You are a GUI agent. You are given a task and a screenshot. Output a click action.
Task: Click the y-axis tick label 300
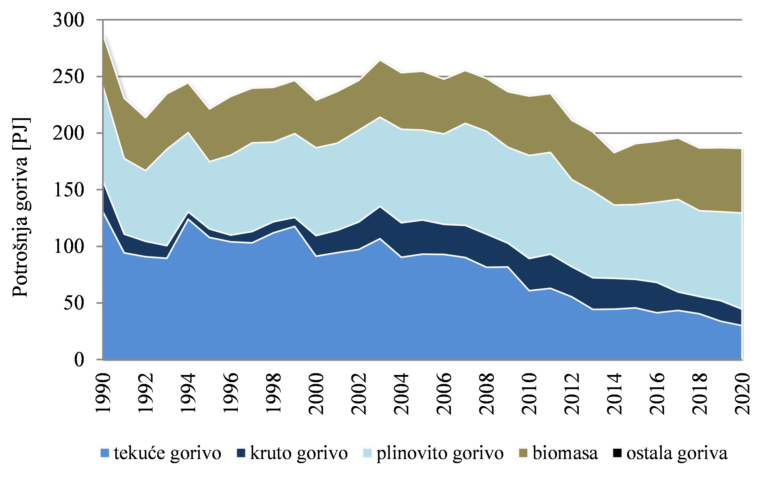pyautogui.click(x=68, y=20)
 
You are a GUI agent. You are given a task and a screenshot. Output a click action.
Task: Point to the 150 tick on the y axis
pyautogui.click(x=68, y=190)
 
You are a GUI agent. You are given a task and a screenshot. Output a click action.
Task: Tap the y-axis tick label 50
pyautogui.click(x=74, y=303)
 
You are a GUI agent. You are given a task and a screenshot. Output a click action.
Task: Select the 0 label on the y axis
pyautogui.click(x=79, y=359)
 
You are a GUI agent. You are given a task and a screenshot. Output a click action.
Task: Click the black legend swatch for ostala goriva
pyautogui.click(x=617, y=453)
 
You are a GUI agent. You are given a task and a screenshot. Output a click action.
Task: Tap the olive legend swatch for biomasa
pyautogui.click(x=523, y=453)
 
